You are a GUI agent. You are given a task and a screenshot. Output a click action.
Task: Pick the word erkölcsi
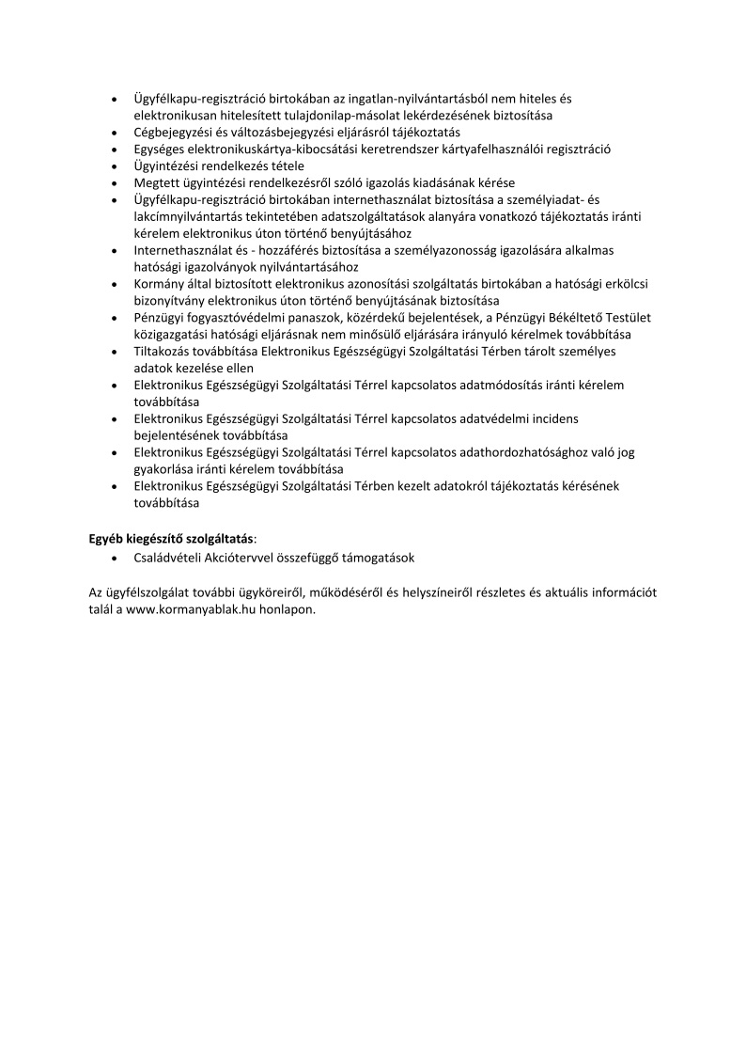[x=606, y=284]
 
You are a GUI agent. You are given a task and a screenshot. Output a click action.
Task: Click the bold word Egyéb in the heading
[x=108, y=538]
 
